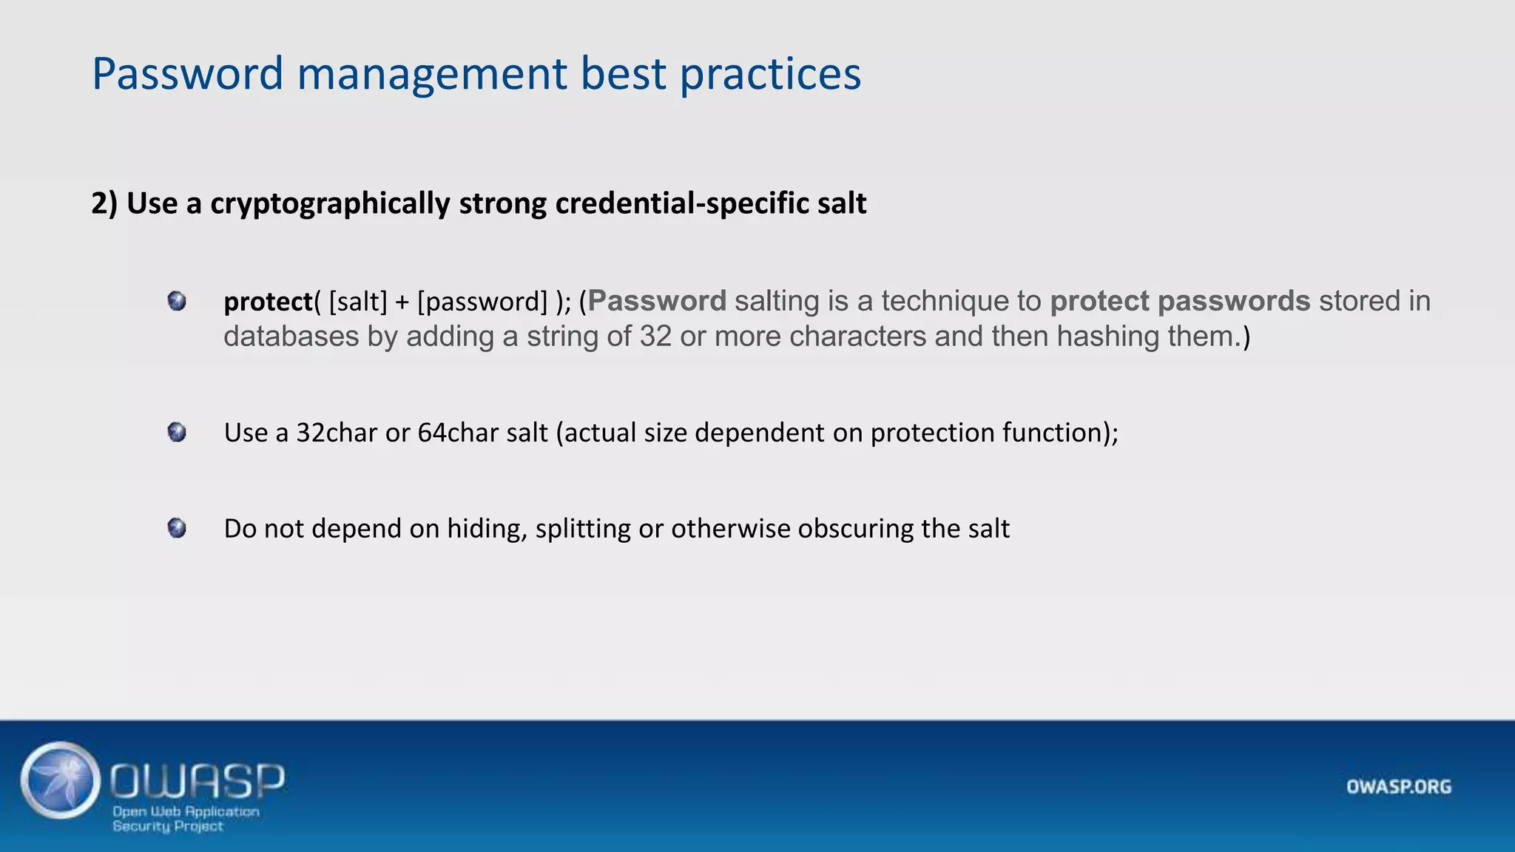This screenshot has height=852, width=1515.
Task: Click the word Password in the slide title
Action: click(187, 74)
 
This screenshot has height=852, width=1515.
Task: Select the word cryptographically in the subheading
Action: click(330, 203)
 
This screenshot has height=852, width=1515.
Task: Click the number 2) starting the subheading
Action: click(104, 203)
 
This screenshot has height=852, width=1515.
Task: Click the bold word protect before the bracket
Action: click(268, 302)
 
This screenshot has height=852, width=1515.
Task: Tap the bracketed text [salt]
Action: click(358, 302)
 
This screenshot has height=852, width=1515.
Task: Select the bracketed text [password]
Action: click(482, 302)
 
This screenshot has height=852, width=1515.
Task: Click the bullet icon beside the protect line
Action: click(177, 301)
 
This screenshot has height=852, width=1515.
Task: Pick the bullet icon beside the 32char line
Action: click(177, 432)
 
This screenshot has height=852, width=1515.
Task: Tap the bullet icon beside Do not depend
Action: click(177, 528)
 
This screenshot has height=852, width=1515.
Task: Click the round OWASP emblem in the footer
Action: click(61, 780)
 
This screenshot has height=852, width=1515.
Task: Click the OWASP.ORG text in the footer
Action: click(1398, 787)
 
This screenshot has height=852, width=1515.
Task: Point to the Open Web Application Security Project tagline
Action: click(186, 819)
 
